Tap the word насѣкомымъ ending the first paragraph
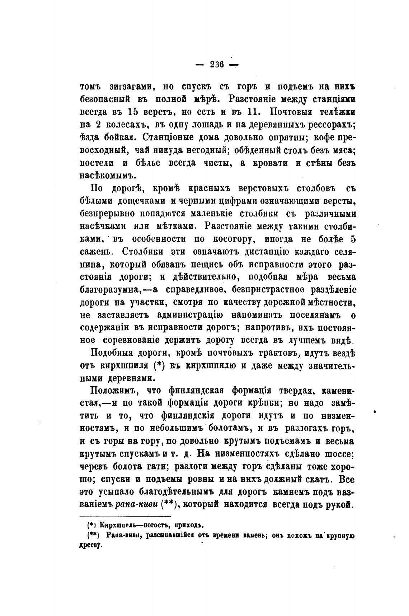pos(107,176)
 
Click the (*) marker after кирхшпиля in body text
pos(158,366)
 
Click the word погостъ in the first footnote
pos(158,526)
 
